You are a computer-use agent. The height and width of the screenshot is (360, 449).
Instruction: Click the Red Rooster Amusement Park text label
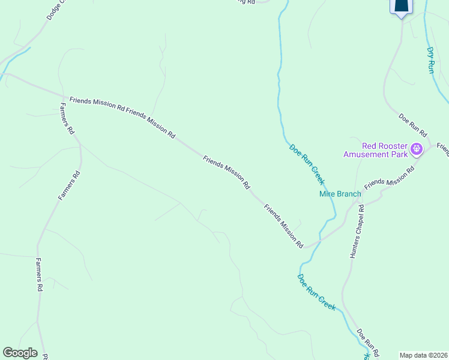click(375, 150)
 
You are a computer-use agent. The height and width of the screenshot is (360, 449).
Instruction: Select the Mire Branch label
click(340, 194)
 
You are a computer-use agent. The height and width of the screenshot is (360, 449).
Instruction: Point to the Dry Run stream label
click(431, 60)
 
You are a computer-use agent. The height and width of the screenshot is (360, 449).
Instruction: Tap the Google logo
click(20, 353)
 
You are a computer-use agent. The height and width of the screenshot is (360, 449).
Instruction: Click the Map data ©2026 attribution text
click(424, 355)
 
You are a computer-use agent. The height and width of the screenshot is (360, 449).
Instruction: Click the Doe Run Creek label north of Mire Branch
click(307, 164)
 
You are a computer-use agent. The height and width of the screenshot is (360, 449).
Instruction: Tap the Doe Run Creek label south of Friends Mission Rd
click(316, 292)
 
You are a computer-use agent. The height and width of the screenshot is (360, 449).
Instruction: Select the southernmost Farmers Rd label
click(38, 275)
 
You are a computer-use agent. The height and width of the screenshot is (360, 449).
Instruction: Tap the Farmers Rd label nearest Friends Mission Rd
click(66, 118)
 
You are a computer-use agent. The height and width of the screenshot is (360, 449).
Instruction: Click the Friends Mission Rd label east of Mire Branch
click(390, 178)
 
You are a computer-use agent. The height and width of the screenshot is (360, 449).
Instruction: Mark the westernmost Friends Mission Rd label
click(97, 105)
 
